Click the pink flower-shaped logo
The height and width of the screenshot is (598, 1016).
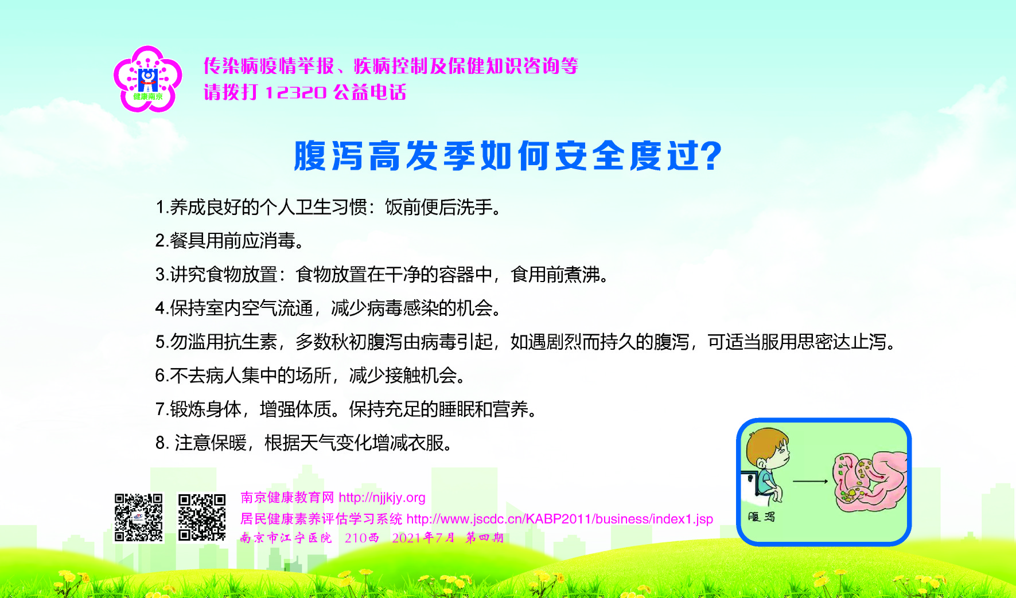click(x=148, y=79)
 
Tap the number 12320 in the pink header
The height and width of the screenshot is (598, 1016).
click(x=296, y=92)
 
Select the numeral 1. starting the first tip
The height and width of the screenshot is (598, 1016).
click(x=162, y=207)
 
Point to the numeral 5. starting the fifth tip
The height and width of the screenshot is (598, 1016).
click(x=162, y=342)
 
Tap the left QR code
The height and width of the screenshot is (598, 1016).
click(x=138, y=517)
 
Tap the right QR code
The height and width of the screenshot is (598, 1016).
click(x=202, y=517)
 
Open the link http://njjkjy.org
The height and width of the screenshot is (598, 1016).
click(x=382, y=498)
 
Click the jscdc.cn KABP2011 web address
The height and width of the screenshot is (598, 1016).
click(x=560, y=519)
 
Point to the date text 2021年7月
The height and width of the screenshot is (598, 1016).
click(x=423, y=538)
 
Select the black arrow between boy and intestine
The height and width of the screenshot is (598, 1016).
click(x=811, y=481)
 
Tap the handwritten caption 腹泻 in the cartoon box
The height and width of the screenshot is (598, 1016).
click(x=761, y=517)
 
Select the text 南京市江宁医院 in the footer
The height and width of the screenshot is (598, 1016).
click(x=286, y=538)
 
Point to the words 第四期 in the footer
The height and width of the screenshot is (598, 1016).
click(x=485, y=538)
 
